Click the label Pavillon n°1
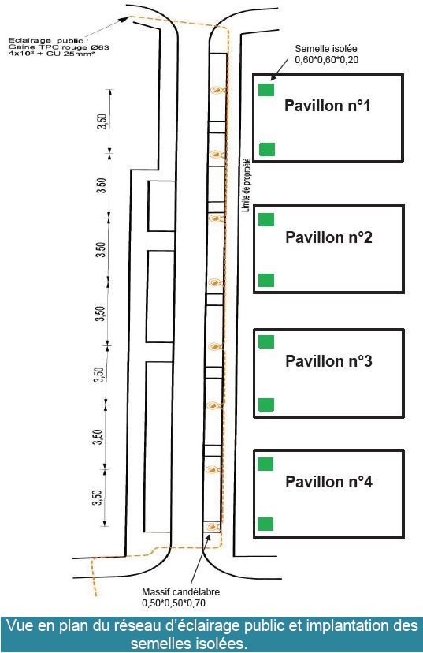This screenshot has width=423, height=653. (x=328, y=106)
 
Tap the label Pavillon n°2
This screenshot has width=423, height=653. (x=328, y=237)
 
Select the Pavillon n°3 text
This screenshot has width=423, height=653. (x=328, y=360)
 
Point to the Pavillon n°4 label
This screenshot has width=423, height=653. (x=328, y=481)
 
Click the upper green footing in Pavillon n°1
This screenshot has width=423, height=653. (x=266, y=90)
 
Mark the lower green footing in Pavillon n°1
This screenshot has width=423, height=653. (x=267, y=149)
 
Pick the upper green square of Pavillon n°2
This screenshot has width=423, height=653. (x=266, y=219)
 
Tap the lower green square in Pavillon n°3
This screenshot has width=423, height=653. (x=266, y=405)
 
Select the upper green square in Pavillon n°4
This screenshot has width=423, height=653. (x=265, y=464)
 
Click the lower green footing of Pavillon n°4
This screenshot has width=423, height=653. (x=265, y=524)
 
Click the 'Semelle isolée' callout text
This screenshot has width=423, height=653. (x=325, y=49)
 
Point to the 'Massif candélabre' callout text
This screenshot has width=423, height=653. (x=180, y=591)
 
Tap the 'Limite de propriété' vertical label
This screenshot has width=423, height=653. (x=246, y=185)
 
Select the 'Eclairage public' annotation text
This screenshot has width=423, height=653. (x=48, y=40)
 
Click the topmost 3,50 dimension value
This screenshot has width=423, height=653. (x=102, y=121)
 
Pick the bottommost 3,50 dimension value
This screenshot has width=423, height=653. (x=97, y=498)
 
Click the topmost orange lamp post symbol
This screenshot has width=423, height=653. (x=217, y=90)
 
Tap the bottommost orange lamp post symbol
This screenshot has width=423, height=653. (x=213, y=527)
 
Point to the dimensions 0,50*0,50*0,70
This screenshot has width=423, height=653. (x=173, y=603)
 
